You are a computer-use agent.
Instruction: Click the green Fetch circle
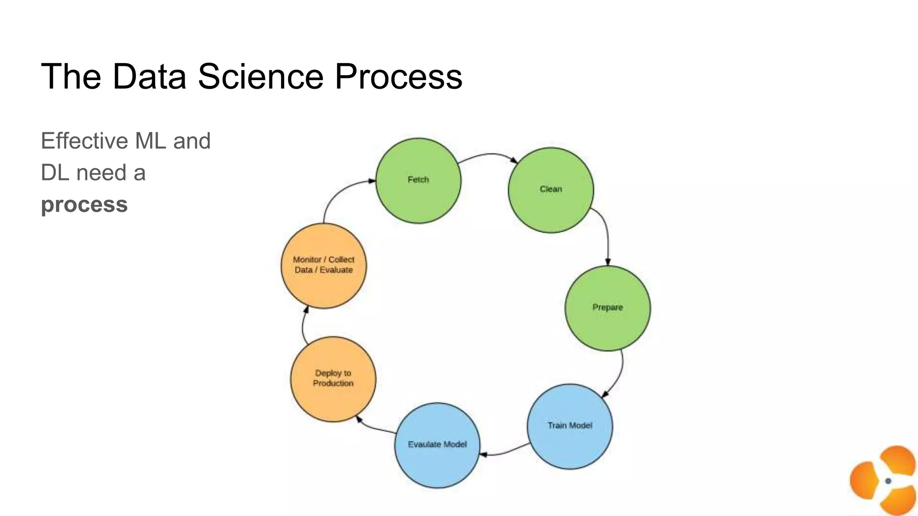click(418, 181)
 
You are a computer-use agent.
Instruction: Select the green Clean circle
click(551, 190)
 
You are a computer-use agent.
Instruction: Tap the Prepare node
click(607, 308)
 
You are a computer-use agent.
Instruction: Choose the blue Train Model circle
click(570, 426)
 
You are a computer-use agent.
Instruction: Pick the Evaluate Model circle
click(437, 445)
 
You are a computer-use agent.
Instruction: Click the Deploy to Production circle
click(333, 379)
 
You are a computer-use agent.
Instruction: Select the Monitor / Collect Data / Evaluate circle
click(324, 266)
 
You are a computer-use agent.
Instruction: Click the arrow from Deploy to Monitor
click(303, 325)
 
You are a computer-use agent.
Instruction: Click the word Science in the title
click(260, 77)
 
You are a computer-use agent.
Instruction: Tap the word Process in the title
click(398, 77)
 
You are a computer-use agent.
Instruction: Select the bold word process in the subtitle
click(84, 205)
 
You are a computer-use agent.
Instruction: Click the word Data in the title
click(149, 77)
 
